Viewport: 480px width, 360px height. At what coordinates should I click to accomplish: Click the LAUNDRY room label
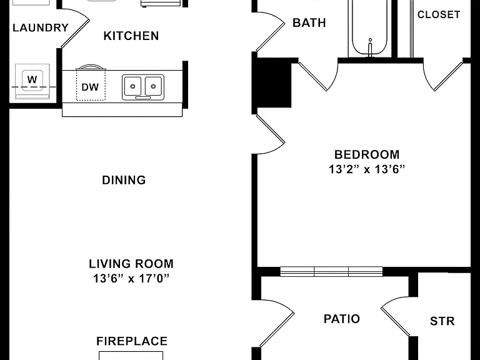pos(41,28)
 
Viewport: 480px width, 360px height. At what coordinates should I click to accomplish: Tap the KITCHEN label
pos(131,36)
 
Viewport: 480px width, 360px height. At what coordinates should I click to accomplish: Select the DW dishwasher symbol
pos(91,85)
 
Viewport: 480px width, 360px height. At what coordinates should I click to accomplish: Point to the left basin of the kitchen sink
pos(132,86)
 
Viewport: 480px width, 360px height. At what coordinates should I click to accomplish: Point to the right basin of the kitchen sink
pos(153,86)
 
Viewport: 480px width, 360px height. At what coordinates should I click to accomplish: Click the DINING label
pos(124,180)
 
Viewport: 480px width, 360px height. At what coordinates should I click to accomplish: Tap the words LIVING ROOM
pos(131,264)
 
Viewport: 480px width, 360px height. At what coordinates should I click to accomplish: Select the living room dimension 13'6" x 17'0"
pos(131,279)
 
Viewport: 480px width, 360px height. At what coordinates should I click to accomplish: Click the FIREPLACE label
pos(132,341)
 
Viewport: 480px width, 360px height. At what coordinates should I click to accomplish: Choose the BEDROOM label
pos(367,154)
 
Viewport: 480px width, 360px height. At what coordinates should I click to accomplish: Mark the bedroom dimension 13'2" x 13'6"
pos(367,169)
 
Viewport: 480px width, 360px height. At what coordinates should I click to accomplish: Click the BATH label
pos(309,22)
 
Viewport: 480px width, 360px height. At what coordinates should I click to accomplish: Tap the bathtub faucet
pos(370,47)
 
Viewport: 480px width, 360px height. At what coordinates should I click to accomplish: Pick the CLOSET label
pos(439,14)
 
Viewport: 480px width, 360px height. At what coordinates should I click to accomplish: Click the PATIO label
pos(342,319)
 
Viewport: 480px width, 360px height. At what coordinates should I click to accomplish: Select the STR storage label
pos(442,321)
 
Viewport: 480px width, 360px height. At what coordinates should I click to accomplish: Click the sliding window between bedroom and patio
pos(331,271)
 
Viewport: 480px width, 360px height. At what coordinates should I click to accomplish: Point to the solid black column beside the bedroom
pos(273,82)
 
